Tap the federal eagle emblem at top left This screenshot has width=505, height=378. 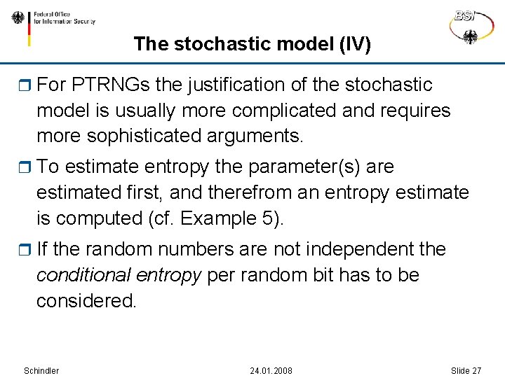18,18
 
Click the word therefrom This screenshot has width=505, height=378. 264,192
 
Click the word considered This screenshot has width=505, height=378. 86,300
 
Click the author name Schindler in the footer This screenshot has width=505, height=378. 41,370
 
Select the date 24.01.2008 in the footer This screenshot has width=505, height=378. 271,370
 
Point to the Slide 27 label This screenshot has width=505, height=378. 466,370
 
